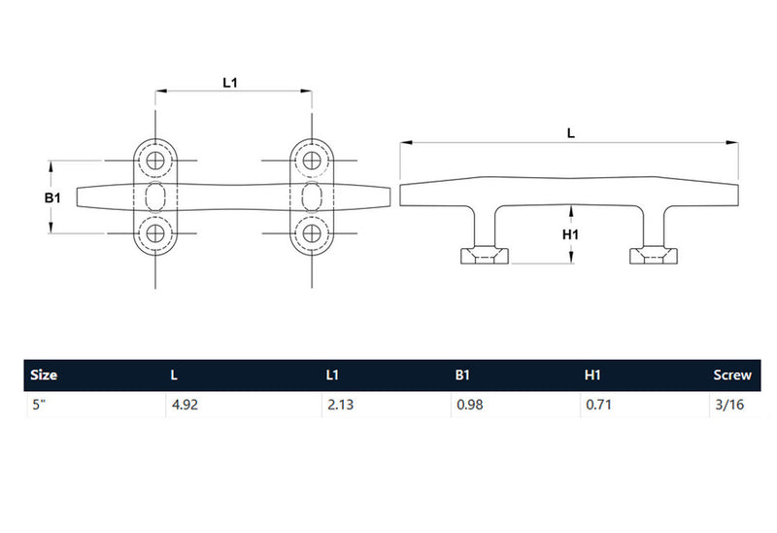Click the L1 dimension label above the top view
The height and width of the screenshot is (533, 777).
pyautogui.click(x=230, y=83)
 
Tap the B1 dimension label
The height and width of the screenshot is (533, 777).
pyautogui.click(x=53, y=197)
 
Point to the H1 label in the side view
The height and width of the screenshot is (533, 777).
pyautogui.click(x=571, y=234)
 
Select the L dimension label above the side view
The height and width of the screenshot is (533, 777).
pyautogui.click(x=571, y=134)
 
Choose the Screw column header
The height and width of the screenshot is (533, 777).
pyautogui.click(x=731, y=374)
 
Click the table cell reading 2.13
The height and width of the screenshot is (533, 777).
pyautogui.click(x=340, y=403)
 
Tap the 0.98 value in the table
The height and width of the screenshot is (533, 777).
pyautogui.click(x=469, y=403)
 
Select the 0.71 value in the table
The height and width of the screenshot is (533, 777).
pyautogui.click(x=596, y=403)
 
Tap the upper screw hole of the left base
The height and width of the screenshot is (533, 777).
pyautogui.click(x=154, y=160)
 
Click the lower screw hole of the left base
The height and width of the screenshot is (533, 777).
pyautogui.click(x=154, y=232)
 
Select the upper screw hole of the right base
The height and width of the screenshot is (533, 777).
pyautogui.click(x=312, y=160)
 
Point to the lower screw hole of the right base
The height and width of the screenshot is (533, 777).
pyautogui.click(x=312, y=232)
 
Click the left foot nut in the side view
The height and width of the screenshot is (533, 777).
pyautogui.click(x=483, y=256)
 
